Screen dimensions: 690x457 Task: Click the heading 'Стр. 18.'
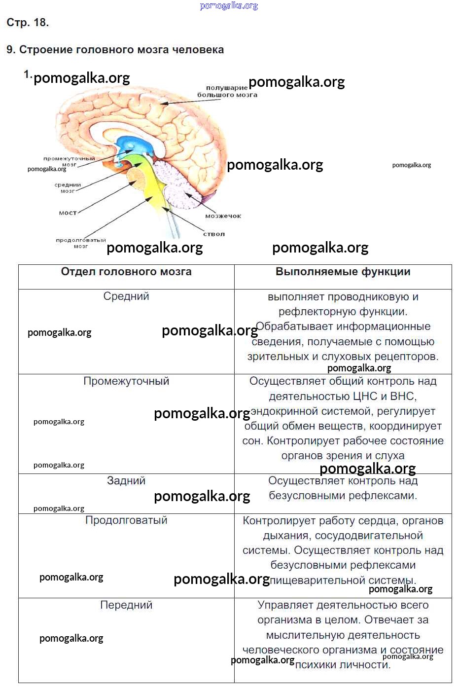28,23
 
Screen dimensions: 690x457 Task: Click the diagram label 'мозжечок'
223,216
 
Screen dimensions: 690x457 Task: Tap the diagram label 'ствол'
214,234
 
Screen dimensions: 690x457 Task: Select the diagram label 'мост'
68,213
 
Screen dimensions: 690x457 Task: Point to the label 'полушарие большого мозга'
227,91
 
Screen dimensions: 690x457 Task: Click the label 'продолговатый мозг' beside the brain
81,243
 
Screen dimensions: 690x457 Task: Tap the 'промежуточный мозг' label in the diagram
69,161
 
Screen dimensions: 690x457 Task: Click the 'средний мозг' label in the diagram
68,187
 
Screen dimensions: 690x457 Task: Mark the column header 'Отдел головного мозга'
126,272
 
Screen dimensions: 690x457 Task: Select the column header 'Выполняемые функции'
343,272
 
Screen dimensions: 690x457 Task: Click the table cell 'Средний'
126,296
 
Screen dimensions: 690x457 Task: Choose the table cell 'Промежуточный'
126,381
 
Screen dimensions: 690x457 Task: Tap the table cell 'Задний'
126,481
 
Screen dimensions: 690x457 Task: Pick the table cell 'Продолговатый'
126,520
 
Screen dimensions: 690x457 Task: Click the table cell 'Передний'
126,605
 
